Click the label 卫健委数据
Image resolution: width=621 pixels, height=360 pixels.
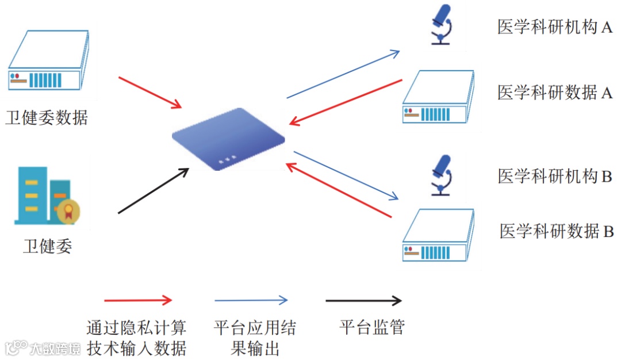click(x=47, y=118)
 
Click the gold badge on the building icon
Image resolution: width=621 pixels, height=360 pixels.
click(x=68, y=212)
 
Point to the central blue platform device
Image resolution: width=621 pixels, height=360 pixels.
click(x=228, y=139)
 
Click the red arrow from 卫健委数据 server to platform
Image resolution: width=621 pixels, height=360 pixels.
click(x=150, y=92)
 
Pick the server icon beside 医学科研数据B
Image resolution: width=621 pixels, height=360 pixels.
click(x=438, y=235)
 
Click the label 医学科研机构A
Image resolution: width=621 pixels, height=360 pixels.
click(x=555, y=27)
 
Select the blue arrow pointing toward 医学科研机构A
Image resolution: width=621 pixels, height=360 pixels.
click(x=343, y=74)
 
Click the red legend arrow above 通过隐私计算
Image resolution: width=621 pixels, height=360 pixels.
click(x=138, y=300)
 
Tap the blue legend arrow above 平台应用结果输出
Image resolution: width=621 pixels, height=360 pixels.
click(x=251, y=300)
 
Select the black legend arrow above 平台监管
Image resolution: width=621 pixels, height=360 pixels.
click(x=363, y=300)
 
